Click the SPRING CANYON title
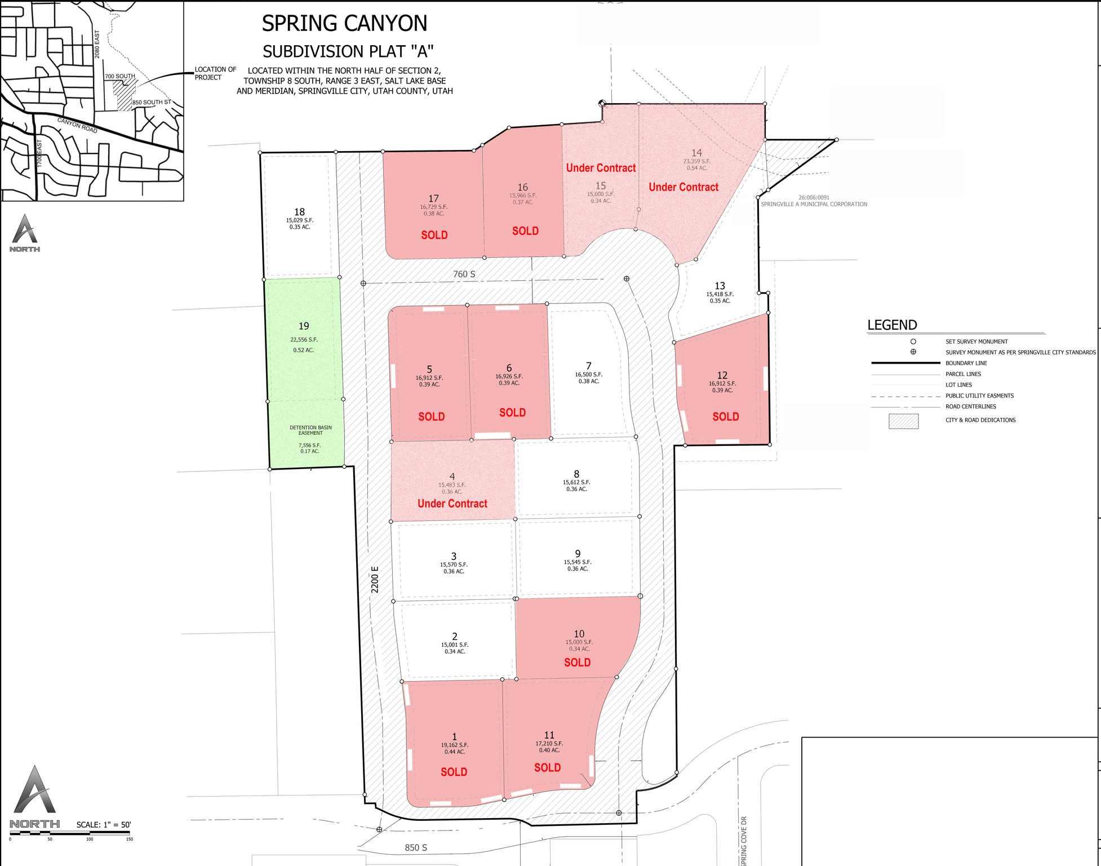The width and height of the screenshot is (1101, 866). click(344, 24)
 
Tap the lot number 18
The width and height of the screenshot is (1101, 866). click(299, 212)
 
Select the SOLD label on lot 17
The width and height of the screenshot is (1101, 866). click(434, 235)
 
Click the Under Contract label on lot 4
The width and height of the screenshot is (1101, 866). click(452, 503)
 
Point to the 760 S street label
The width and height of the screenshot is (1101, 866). click(464, 274)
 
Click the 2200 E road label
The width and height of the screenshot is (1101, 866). click(375, 579)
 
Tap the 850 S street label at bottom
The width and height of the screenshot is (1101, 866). click(416, 847)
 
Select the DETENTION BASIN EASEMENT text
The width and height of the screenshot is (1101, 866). click(310, 430)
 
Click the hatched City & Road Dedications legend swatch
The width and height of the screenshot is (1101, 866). click(903, 421)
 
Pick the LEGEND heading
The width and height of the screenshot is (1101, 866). click(892, 325)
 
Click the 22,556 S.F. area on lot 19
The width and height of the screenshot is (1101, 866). click(304, 339)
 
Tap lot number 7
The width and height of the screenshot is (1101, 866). click(589, 366)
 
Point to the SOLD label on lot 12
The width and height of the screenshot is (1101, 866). click(726, 417)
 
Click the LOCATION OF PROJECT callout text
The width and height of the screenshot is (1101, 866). click(215, 73)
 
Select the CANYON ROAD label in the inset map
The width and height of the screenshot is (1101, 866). click(77, 125)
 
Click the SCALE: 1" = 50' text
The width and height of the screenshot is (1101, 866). click(104, 824)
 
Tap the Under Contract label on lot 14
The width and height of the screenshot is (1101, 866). click(683, 187)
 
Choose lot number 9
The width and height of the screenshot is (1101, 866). click(578, 554)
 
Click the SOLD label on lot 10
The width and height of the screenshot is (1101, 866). click(578, 662)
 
